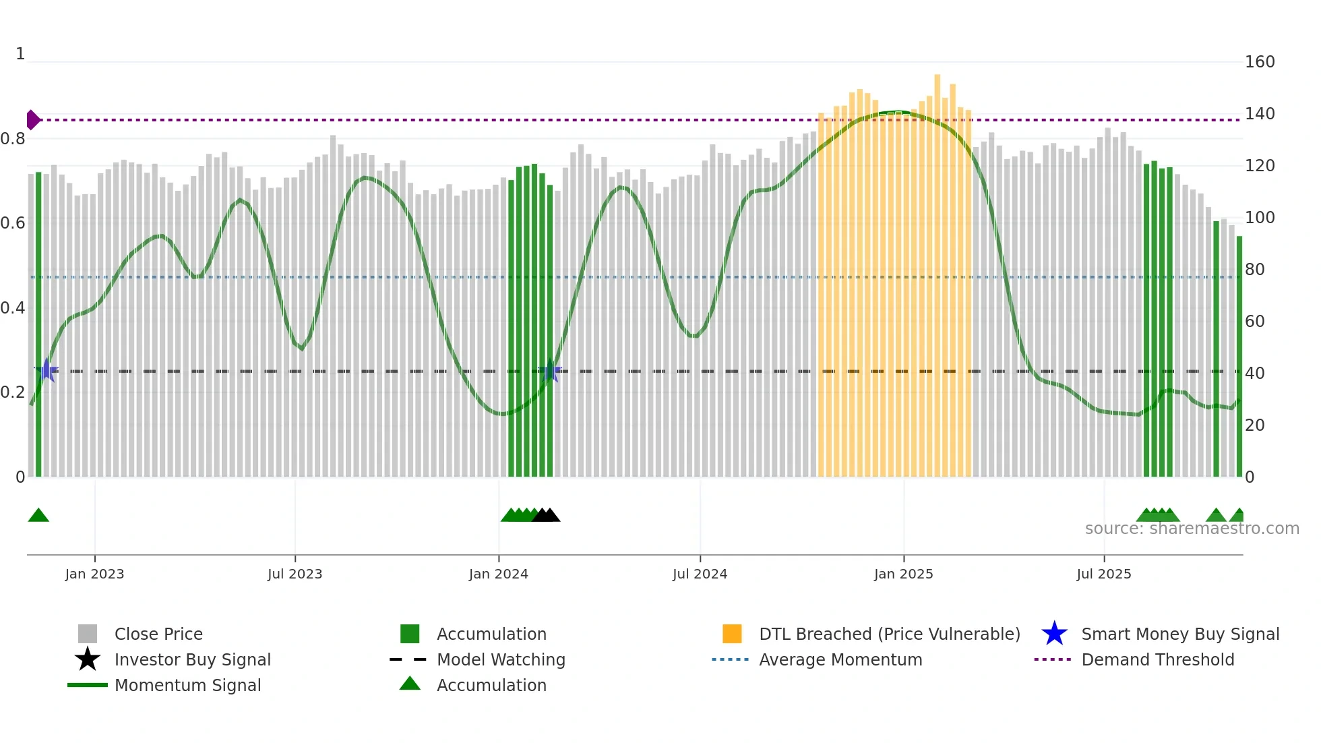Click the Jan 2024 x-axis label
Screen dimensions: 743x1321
coord(498,574)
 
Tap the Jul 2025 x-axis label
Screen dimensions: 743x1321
coord(1103,574)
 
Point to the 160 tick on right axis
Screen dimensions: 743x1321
coord(1259,62)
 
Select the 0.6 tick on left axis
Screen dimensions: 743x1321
coord(13,223)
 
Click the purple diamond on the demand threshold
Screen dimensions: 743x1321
coord(32,120)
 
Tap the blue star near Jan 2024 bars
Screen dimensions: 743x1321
coord(551,371)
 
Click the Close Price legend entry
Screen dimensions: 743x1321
coord(158,634)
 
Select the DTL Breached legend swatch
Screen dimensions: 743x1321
coord(731,634)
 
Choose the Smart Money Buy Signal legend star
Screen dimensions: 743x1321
coord(1054,634)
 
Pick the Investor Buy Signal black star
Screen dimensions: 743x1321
coord(88,659)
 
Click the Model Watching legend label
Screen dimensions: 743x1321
coord(500,659)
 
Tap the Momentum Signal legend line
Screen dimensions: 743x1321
coord(88,685)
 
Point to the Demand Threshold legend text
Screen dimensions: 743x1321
coord(1157,659)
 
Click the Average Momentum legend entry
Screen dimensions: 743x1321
coord(840,659)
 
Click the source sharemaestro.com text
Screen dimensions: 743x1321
coord(1192,529)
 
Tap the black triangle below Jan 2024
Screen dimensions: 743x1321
coord(547,516)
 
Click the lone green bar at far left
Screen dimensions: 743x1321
coord(38,324)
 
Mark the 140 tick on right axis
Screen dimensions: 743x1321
coord(1259,114)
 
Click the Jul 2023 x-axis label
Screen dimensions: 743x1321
coord(295,574)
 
